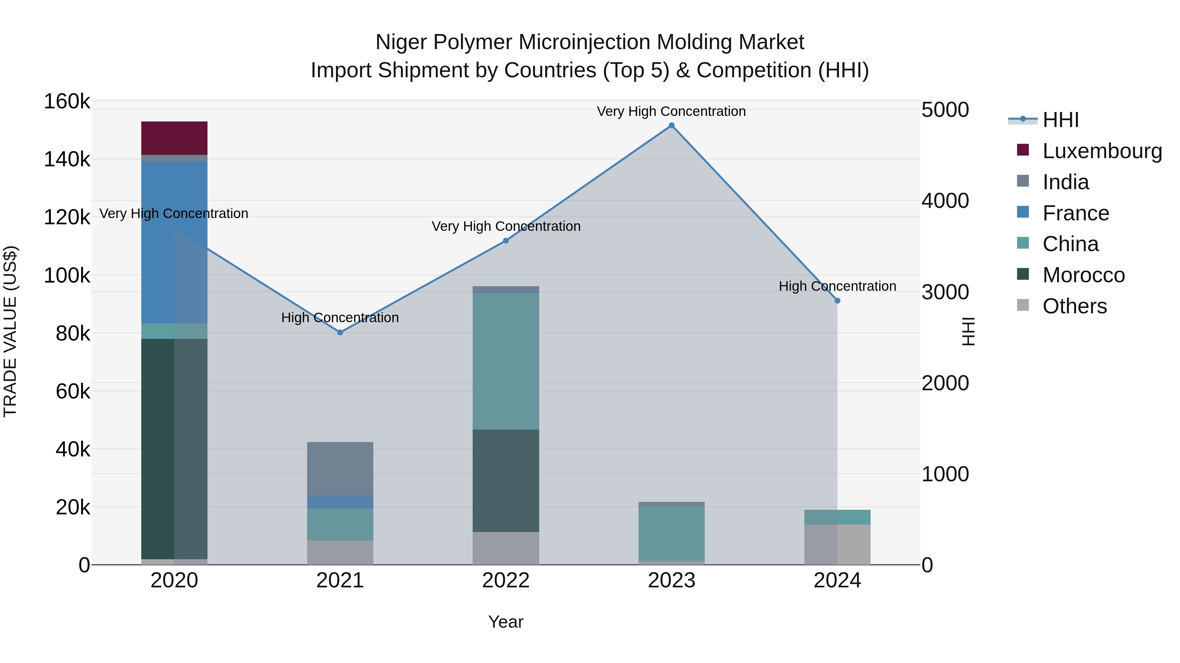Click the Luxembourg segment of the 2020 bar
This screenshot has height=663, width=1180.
coord(174,138)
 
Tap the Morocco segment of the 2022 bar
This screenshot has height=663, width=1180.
coord(506,480)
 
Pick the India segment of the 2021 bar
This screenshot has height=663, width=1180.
coord(340,468)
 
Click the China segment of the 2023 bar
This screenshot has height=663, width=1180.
coord(672,533)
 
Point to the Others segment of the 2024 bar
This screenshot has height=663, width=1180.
coord(837,544)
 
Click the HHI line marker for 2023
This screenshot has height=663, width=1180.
coord(672,125)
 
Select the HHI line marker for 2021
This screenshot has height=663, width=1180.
coord(340,333)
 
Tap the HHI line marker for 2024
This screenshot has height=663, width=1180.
coord(837,301)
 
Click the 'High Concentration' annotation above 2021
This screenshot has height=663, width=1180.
coord(340,318)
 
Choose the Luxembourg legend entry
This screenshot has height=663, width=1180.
coord(1102,151)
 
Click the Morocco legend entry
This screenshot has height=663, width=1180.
coord(1083,275)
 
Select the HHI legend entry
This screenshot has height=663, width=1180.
coord(1060,120)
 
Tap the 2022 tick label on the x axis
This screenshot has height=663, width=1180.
coord(506,580)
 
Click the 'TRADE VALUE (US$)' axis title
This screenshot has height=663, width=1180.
coord(10,331)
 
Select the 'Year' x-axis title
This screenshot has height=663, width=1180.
coord(506,622)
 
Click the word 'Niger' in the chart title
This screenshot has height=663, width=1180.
coord(401,42)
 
